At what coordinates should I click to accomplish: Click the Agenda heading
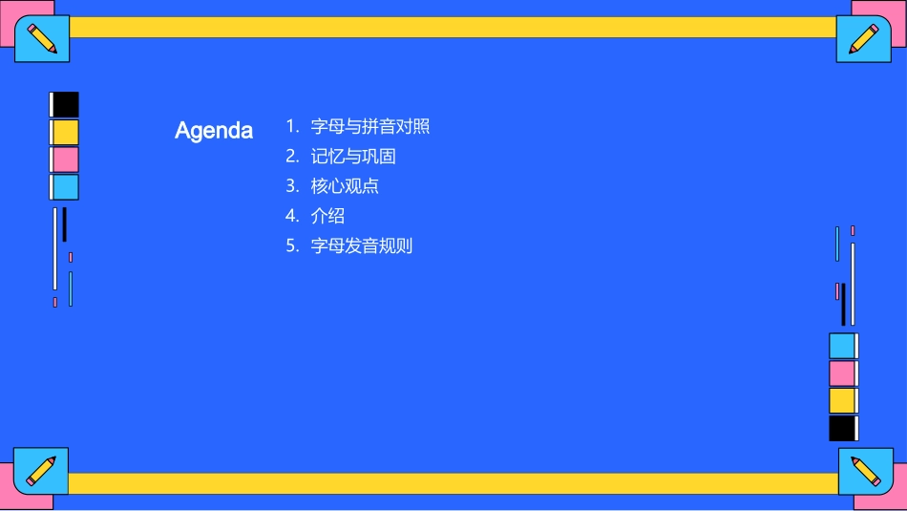[x=214, y=131]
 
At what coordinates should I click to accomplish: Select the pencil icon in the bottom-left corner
[x=41, y=471]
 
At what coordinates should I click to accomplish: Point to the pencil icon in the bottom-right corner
[x=865, y=471]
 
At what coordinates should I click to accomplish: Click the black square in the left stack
[x=65, y=104]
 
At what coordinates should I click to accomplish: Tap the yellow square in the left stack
[x=65, y=132]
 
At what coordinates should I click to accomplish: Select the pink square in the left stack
[x=65, y=160]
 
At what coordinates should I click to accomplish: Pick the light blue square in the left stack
[x=65, y=187]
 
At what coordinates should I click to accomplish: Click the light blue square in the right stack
[x=842, y=346]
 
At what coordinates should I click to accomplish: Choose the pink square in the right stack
[x=842, y=373]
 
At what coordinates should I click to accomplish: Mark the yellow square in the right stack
[x=842, y=400]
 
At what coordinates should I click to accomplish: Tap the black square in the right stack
[x=842, y=428]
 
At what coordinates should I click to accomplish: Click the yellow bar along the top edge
[x=453, y=27]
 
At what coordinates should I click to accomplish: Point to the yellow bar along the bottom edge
[x=453, y=483]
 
